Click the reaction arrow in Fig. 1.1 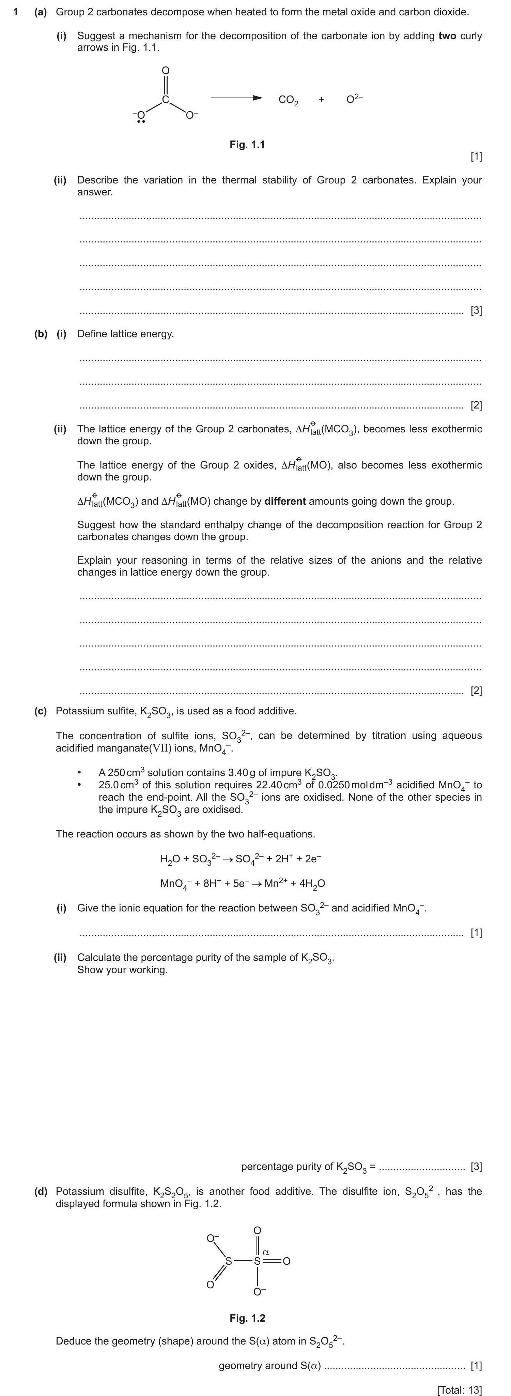tap(236, 98)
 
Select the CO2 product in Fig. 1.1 tap(288, 100)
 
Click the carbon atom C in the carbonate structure tap(166, 100)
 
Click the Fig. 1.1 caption tap(247, 144)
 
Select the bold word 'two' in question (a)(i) tap(447, 36)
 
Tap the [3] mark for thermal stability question tap(476, 311)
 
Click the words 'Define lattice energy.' tap(126, 334)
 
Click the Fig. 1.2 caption tap(247, 1318)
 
